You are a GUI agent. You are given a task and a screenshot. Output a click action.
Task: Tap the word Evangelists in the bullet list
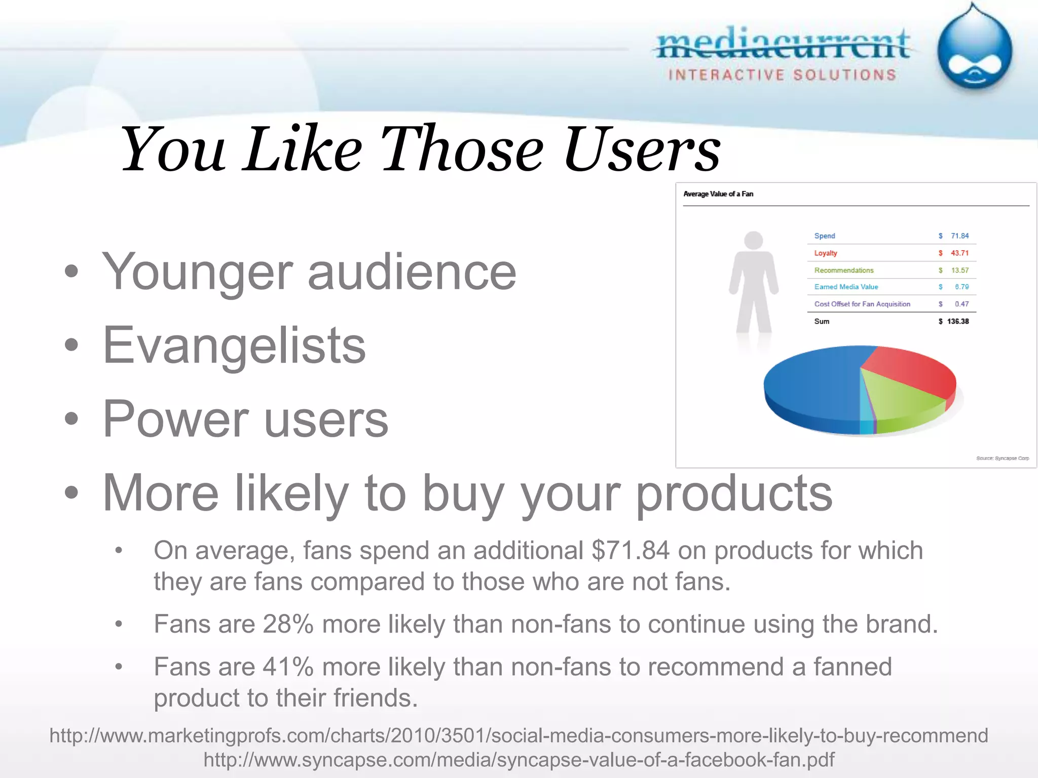pyautogui.click(x=234, y=345)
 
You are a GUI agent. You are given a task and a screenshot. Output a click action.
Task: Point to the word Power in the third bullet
pyautogui.click(x=175, y=419)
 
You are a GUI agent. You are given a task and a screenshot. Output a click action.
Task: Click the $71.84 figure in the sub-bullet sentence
pyautogui.click(x=630, y=551)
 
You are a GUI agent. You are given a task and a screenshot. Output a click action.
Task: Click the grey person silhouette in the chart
pyautogui.click(x=754, y=284)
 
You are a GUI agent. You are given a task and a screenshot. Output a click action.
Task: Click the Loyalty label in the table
pyautogui.click(x=826, y=253)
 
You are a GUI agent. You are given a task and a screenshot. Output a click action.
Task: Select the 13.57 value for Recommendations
pyautogui.click(x=959, y=270)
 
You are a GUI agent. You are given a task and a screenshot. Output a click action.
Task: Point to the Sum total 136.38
pyautogui.click(x=957, y=322)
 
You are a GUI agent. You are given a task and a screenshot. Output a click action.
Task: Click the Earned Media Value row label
pyautogui.click(x=846, y=287)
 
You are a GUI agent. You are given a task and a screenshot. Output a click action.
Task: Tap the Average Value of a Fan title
pyautogui.click(x=718, y=194)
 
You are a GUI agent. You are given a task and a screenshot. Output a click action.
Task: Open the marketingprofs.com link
pyautogui.click(x=518, y=735)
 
